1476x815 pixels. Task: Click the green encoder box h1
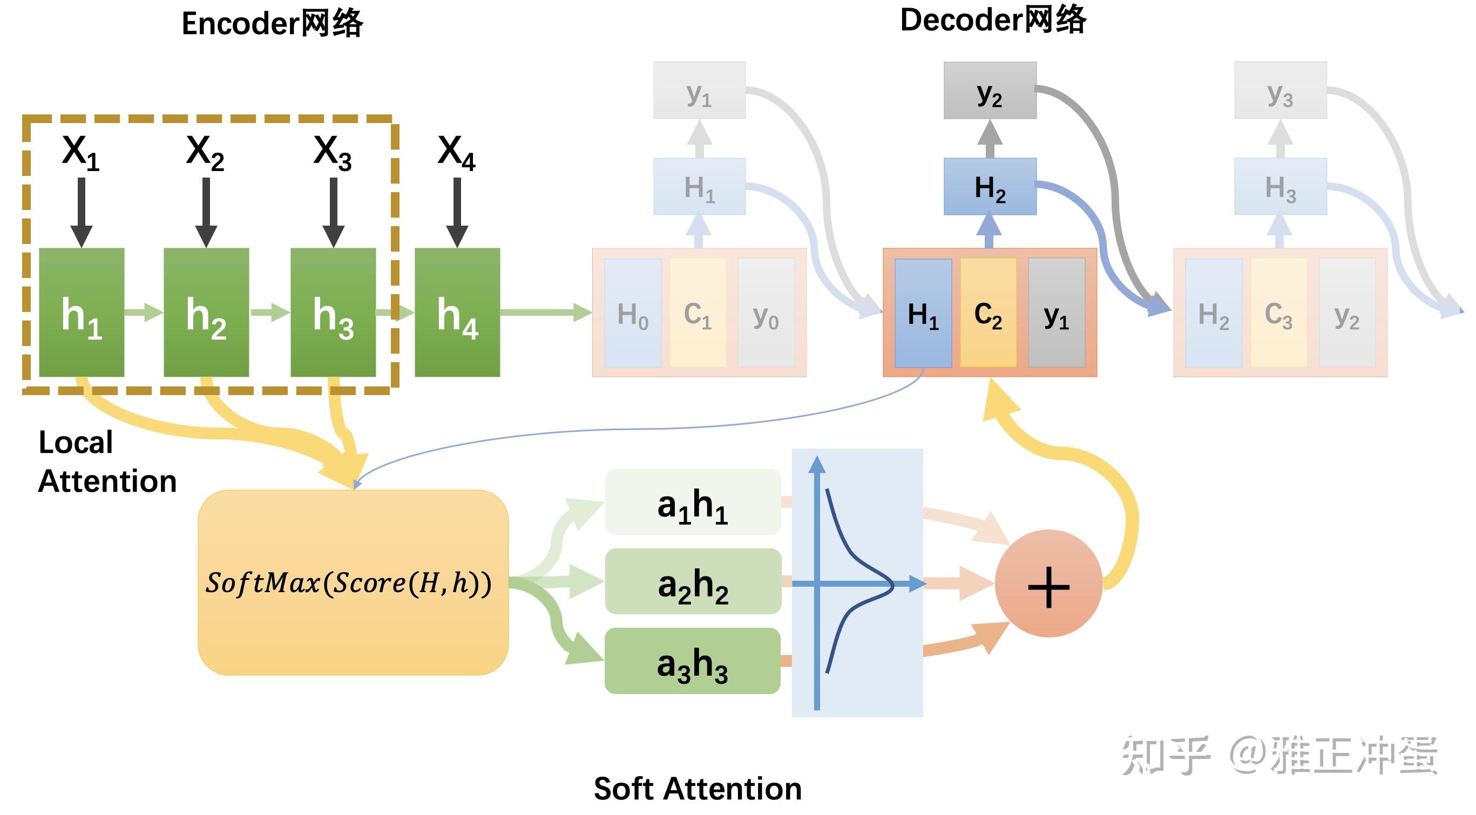82,312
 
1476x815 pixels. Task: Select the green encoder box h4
457,312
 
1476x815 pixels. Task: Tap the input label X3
333,152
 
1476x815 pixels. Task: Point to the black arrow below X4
457,212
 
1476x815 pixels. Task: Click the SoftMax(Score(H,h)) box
353,582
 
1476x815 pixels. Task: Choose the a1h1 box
693,502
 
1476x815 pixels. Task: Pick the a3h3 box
693,661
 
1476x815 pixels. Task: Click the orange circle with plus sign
1048,583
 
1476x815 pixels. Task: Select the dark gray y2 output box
990,91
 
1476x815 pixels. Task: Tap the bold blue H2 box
990,187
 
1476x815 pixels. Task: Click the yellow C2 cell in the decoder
988,313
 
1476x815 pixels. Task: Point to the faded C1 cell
698,313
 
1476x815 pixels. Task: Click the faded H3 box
1280,187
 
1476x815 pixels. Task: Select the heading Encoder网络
272,24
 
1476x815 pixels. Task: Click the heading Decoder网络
992,20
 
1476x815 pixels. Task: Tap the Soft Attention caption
698,789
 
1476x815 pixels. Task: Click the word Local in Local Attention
76,443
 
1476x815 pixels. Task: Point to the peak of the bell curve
892,585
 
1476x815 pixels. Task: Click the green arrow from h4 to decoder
544,312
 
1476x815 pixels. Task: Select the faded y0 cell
766,313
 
